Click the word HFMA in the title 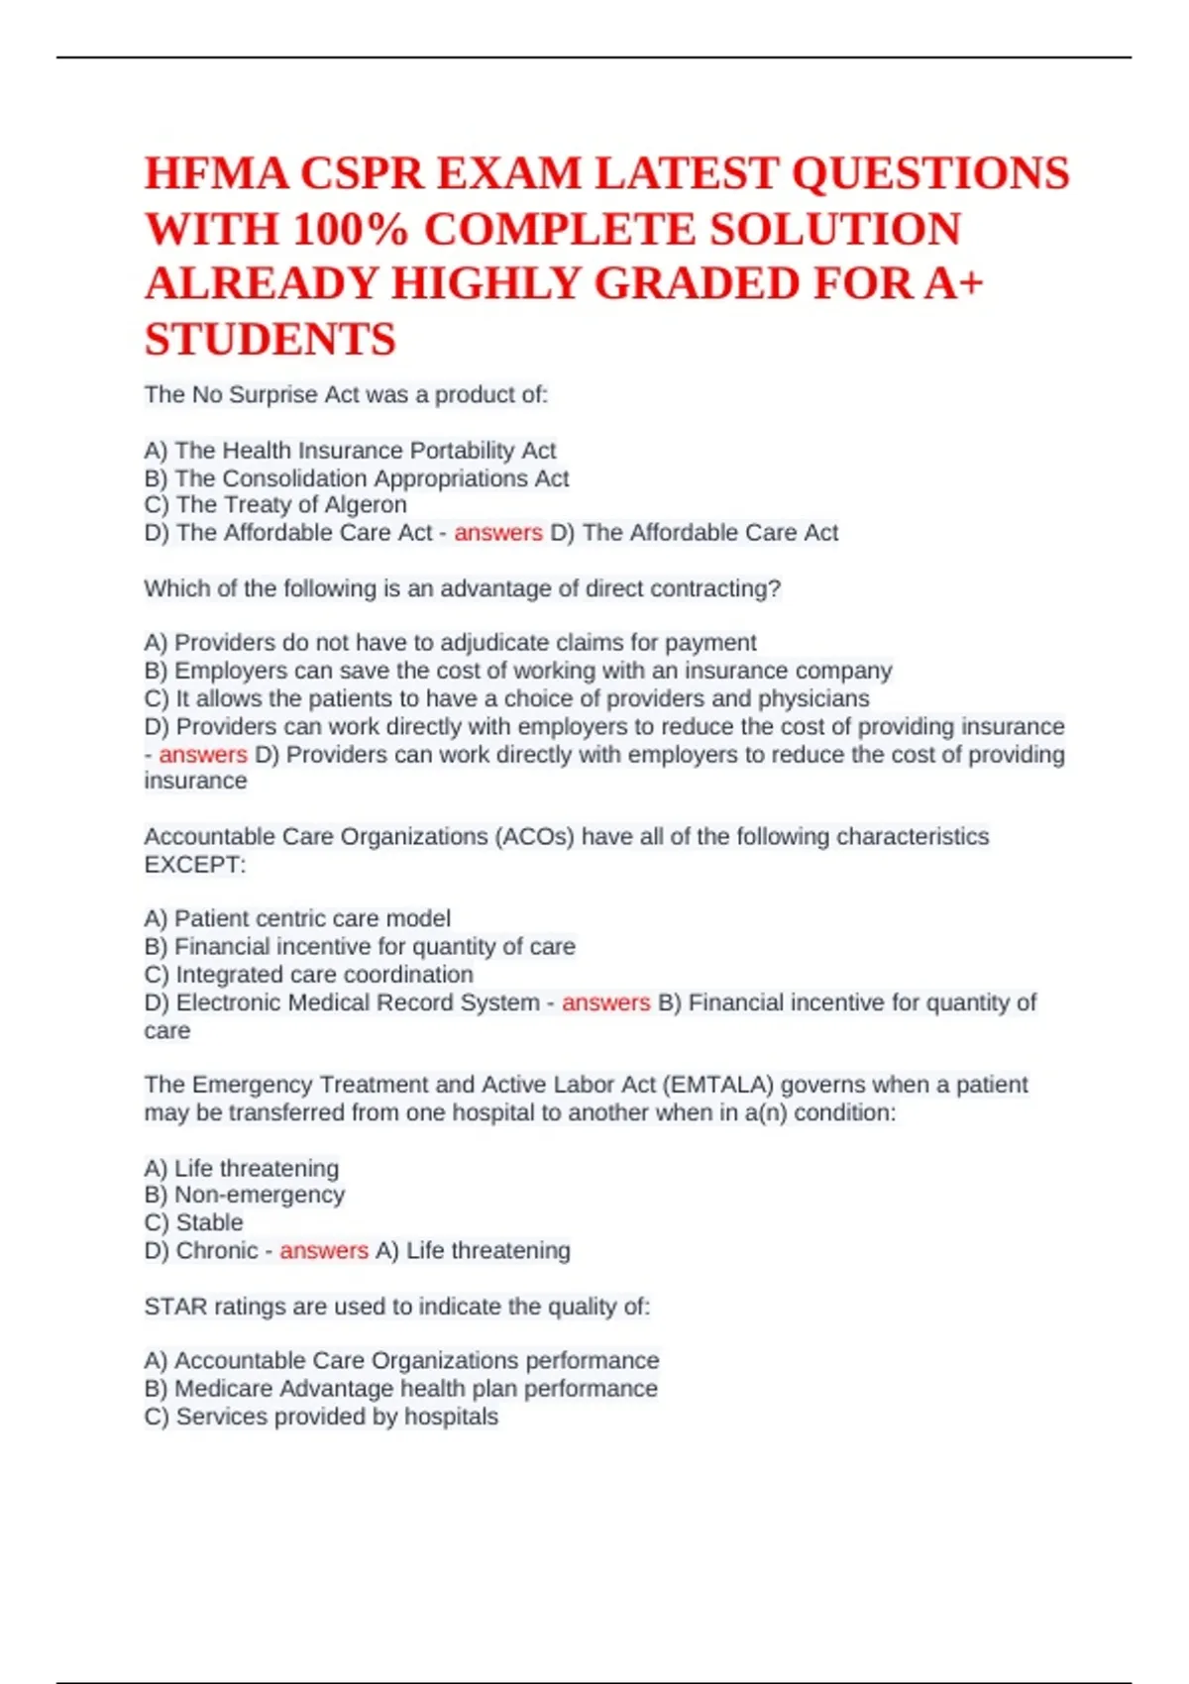point(216,174)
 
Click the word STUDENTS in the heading point(270,340)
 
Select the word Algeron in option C point(366,504)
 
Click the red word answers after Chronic point(323,1251)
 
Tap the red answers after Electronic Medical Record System point(605,1002)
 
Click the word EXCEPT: point(194,865)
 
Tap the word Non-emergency point(260,1195)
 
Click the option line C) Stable point(194,1222)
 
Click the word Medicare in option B point(224,1389)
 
